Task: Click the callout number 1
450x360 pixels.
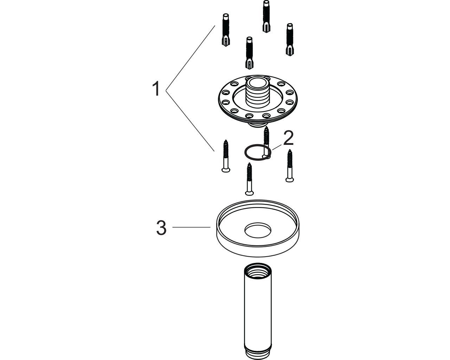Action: [156, 89]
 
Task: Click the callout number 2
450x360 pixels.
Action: [288, 138]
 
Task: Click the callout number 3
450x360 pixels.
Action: [161, 228]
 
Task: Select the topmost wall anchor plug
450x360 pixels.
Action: [266, 16]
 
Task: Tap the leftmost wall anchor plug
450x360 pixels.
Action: [226, 30]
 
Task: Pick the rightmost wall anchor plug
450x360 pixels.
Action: [290, 39]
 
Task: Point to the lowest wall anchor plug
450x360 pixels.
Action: [250, 53]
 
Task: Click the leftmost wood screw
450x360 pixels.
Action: [226, 156]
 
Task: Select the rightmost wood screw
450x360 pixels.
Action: [290, 166]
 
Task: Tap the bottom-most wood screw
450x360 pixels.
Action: [250, 179]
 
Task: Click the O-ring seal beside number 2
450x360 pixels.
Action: [258, 152]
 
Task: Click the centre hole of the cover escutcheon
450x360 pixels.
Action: [258, 230]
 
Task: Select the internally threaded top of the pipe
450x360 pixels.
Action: [258, 271]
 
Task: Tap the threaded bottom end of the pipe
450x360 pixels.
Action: [258, 352]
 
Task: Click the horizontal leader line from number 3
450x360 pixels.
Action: [191, 227]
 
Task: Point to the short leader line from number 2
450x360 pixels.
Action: [277, 147]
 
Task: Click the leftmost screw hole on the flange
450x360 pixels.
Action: [226, 102]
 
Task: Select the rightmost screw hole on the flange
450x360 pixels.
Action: [290, 102]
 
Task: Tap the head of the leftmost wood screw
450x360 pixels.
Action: [226, 170]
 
